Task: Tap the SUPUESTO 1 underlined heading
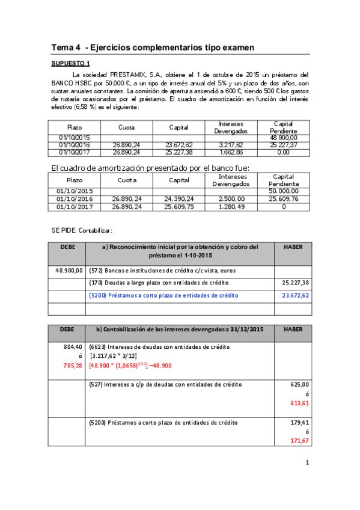tap(70, 63)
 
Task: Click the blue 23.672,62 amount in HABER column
tap(296, 295)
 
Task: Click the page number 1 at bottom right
tap(307, 462)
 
